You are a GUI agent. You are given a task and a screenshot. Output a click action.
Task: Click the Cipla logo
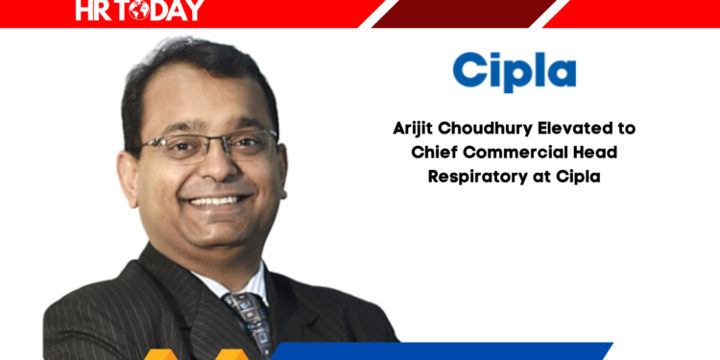(x=515, y=72)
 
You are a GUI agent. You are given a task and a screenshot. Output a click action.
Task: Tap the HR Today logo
(x=140, y=12)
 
